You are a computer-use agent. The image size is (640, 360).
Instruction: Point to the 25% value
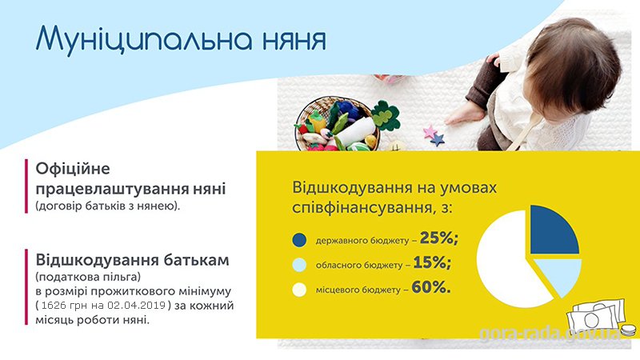coord(439,238)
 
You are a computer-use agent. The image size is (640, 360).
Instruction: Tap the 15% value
coord(432,262)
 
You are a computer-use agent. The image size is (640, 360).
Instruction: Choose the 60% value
coord(431,287)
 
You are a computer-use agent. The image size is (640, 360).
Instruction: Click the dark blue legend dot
coord(299,240)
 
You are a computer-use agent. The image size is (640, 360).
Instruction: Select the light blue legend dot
coord(299,265)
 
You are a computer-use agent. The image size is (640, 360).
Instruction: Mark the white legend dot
coord(299,290)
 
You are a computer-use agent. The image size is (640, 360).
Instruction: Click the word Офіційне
coord(73,169)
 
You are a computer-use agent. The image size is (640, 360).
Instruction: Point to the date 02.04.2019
coord(137,306)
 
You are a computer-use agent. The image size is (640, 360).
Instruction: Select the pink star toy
coord(430,131)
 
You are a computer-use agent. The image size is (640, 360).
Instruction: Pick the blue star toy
coord(438,139)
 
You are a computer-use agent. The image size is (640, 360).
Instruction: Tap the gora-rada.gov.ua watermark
coord(550,334)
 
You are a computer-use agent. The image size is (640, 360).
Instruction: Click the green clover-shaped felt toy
coord(385,114)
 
